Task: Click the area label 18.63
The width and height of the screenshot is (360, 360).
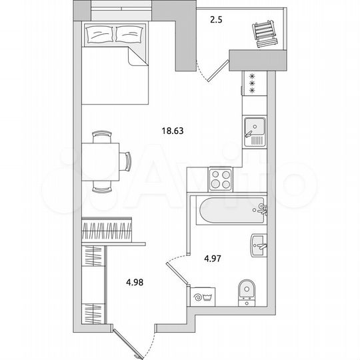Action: pos(172,131)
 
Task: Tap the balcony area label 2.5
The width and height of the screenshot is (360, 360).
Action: pos(215,20)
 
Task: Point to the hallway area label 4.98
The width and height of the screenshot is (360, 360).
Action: pos(135,281)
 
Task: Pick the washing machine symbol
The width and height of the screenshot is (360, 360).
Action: pos(199,295)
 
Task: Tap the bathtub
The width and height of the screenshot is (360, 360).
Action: pos(227,210)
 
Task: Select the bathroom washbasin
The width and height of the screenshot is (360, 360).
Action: pos(259,245)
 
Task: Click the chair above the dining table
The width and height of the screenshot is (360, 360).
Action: pos(102,137)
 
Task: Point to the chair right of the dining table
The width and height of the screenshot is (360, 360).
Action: pos(126,161)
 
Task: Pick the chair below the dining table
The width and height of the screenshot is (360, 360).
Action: pos(102,187)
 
